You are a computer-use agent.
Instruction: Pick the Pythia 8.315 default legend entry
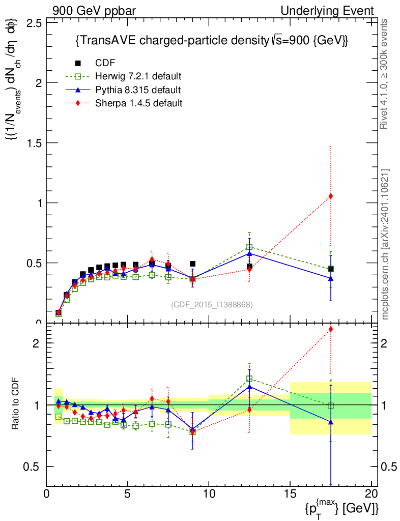(138, 90)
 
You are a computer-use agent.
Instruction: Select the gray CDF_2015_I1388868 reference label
(212, 305)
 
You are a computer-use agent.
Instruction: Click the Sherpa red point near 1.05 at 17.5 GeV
(331, 196)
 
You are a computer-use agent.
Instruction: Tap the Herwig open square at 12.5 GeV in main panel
(249, 247)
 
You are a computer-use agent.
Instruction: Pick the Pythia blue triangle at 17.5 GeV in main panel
(331, 278)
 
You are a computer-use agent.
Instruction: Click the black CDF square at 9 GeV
(192, 264)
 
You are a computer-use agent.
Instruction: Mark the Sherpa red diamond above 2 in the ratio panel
(331, 329)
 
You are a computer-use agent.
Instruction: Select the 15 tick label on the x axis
(290, 493)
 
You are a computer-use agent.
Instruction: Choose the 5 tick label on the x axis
(128, 493)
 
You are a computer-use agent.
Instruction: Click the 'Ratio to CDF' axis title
(15, 404)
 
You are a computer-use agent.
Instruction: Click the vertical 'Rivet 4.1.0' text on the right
(385, 74)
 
